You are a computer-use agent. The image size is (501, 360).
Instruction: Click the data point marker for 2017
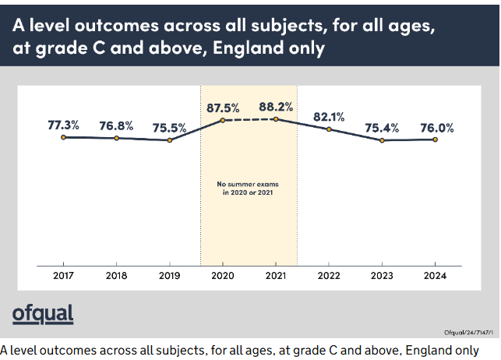point(63,137)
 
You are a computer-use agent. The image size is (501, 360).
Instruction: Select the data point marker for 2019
point(170,140)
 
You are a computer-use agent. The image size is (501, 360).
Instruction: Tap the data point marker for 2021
point(276,119)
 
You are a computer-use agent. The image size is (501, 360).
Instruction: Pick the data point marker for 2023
point(382,140)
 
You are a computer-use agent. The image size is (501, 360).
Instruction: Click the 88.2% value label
point(276,107)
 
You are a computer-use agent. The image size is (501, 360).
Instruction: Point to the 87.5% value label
point(223,108)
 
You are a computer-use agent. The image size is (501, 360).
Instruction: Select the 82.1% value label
point(329,117)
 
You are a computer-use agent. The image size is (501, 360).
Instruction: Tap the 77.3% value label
point(63,125)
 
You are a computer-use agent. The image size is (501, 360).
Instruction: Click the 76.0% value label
point(437,128)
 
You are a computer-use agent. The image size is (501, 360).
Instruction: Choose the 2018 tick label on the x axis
point(116,276)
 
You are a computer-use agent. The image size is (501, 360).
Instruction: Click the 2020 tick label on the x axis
point(223,276)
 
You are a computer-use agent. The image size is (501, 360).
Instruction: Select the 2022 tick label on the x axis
point(329,276)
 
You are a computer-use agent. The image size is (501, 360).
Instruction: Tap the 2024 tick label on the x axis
point(435,276)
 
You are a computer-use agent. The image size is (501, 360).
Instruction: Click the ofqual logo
point(43,314)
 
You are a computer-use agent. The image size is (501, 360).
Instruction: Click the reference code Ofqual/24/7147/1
point(468,333)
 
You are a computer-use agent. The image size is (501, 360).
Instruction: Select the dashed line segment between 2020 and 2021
point(249,120)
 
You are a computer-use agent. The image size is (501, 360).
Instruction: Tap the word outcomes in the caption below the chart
point(68,351)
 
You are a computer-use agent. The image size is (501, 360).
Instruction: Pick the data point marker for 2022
point(329,129)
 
